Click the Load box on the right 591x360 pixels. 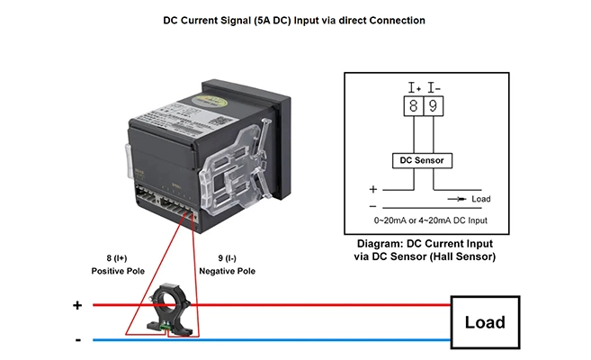tap(485, 320)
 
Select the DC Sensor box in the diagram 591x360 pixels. tap(422, 160)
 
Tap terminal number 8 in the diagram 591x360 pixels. tap(414, 107)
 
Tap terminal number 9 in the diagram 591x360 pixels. tap(432, 107)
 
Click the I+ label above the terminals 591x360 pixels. tap(414, 87)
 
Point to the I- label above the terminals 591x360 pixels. tap(434, 87)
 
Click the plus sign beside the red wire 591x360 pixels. tap(77, 305)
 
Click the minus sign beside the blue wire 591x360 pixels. tap(78, 339)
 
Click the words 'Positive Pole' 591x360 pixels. tap(116, 270)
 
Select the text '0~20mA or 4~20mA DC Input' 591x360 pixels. tap(422, 220)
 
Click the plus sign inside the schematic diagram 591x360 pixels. tap(373, 190)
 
